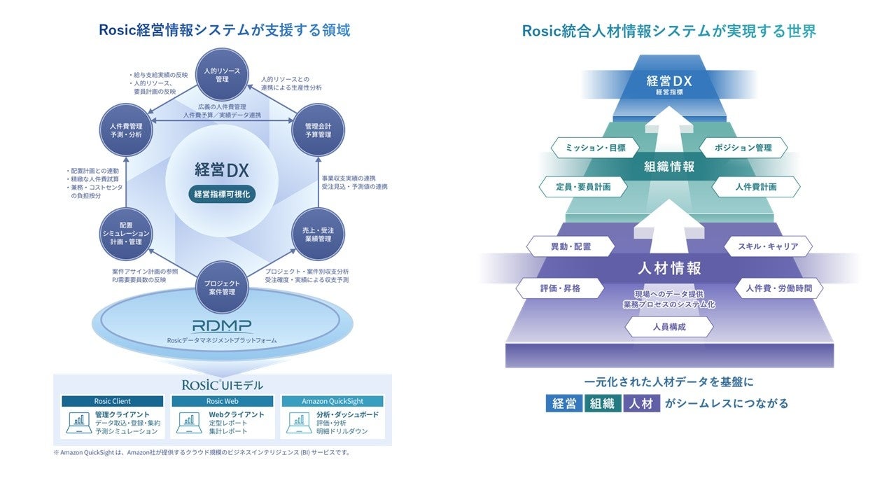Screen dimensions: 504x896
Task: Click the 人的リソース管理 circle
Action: [x=221, y=75]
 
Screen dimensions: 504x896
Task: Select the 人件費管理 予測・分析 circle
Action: [x=126, y=129]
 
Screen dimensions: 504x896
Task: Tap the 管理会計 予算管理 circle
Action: [x=318, y=129]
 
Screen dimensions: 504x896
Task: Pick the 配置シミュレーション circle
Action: [x=126, y=234]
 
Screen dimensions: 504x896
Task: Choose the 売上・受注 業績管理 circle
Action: [x=318, y=234]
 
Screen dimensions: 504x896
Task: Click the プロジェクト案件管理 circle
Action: [x=221, y=287]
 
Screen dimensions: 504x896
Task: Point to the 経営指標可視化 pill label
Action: [x=221, y=195]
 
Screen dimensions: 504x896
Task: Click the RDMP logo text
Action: [x=222, y=325]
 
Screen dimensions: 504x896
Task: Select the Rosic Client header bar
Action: [x=112, y=401]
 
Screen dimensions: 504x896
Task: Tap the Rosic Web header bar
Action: [x=223, y=401]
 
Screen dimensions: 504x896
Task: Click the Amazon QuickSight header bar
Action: [x=332, y=401]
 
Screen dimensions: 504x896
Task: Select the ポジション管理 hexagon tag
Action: [x=743, y=148]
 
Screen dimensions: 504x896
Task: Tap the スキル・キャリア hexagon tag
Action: [x=768, y=246]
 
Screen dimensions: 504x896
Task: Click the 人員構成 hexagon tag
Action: [x=669, y=327]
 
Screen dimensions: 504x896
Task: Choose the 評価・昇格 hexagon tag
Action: [x=559, y=288]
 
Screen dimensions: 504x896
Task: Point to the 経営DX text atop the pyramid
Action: [x=668, y=80]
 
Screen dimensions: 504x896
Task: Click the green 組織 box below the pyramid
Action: [x=603, y=403]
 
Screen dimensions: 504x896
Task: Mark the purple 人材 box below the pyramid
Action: [x=641, y=403]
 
